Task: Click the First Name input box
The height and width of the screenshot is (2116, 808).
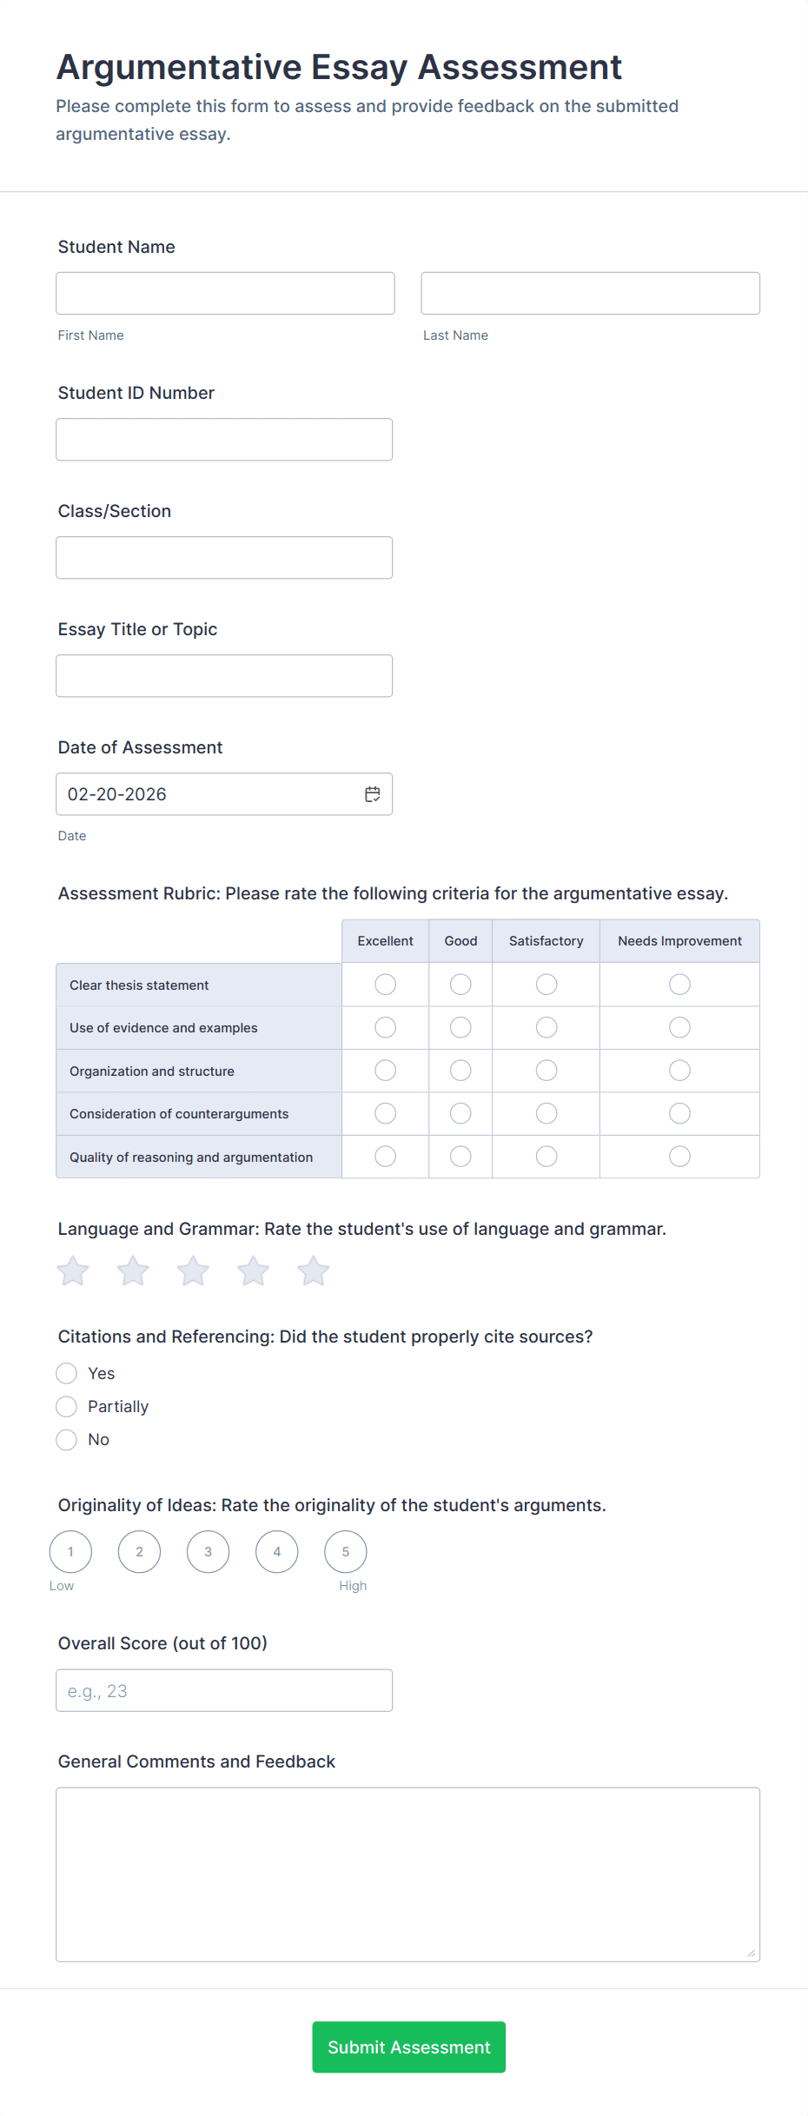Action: click(225, 294)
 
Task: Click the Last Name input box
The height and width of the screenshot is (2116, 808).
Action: click(590, 294)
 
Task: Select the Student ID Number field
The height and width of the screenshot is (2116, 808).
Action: click(224, 440)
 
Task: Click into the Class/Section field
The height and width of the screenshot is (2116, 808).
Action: click(224, 558)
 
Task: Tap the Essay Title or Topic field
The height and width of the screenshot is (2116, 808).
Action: click(224, 676)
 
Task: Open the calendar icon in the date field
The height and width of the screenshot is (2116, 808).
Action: click(373, 794)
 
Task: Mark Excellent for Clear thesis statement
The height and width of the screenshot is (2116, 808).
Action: click(385, 985)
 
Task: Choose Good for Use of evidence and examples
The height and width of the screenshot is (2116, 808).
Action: click(460, 1028)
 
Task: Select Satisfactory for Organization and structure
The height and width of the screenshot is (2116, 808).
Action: click(546, 1071)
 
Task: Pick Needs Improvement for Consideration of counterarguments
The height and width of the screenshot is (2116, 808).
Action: click(679, 1114)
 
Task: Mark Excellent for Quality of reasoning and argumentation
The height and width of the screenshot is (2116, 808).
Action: click(385, 1157)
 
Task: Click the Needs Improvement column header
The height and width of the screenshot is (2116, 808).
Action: click(679, 941)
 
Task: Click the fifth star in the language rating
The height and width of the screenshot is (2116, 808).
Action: click(314, 1271)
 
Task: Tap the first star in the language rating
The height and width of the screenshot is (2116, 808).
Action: click(73, 1271)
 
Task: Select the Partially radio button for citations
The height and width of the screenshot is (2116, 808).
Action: click(67, 1407)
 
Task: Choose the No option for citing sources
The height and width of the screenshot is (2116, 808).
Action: click(67, 1440)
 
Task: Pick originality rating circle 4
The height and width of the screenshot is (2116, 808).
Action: click(277, 1552)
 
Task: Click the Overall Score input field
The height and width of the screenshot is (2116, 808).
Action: click(224, 1691)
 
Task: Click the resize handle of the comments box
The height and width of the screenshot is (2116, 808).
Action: click(752, 1953)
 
